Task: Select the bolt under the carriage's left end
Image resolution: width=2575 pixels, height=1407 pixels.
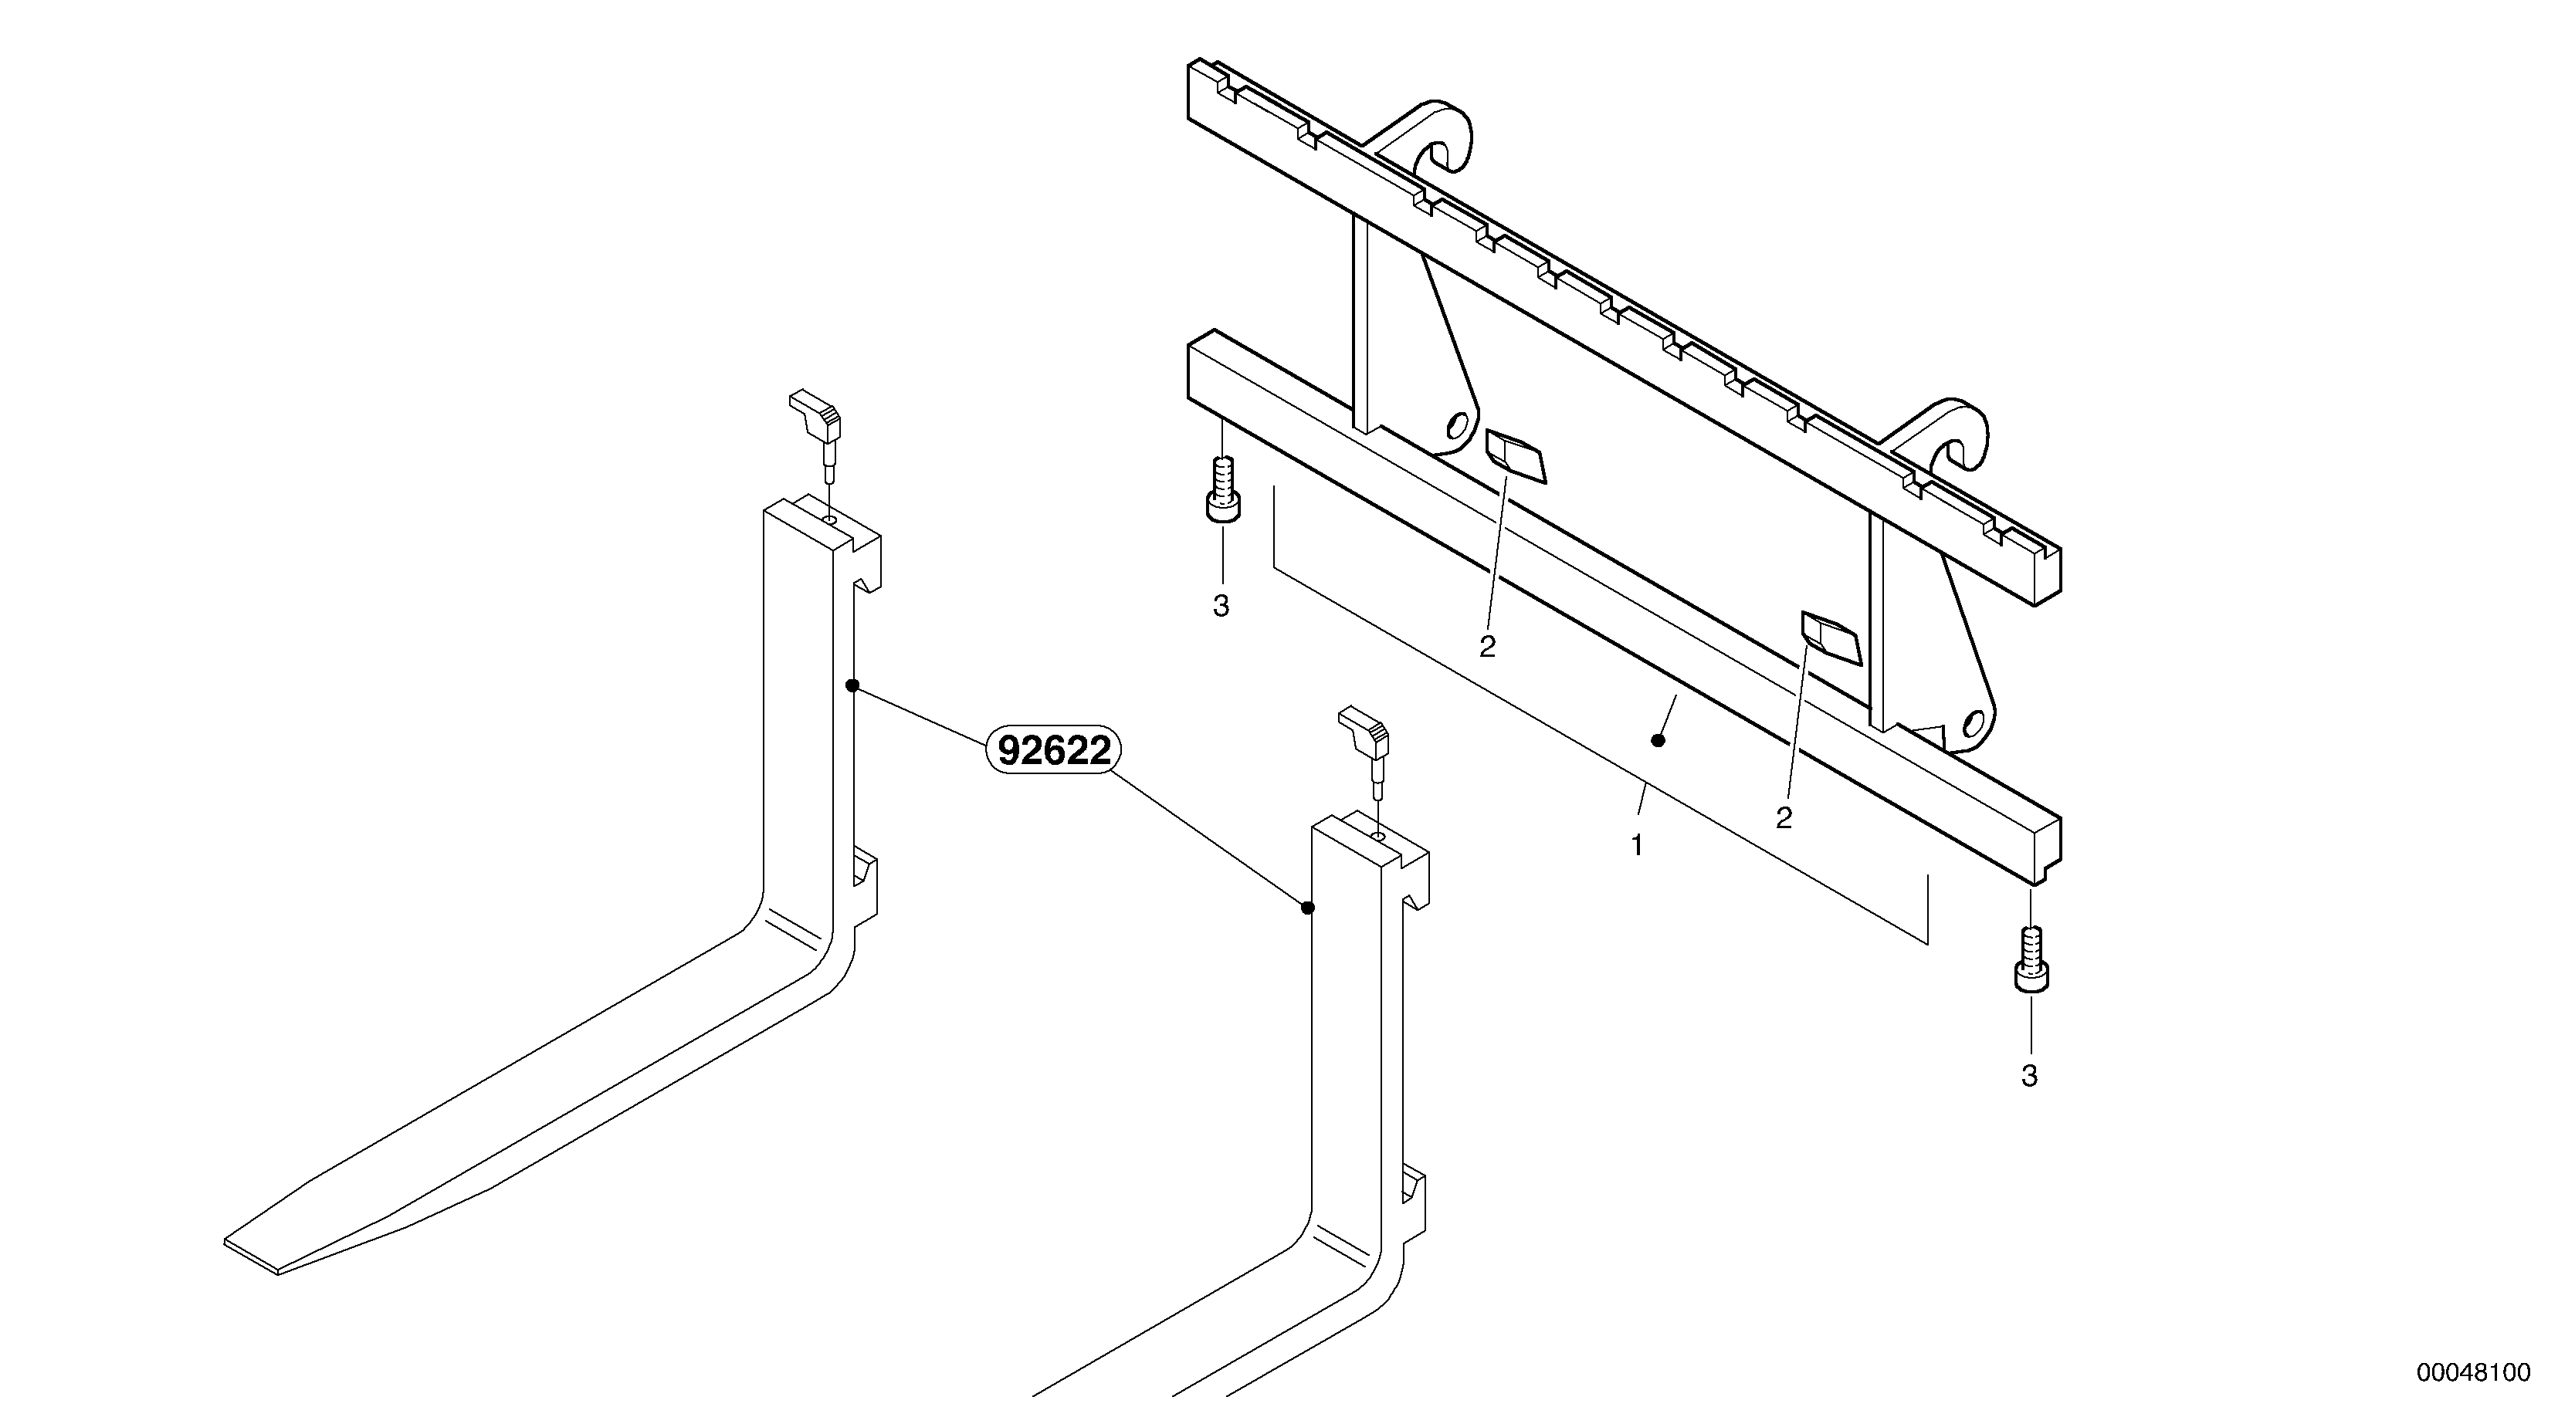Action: (1222, 489)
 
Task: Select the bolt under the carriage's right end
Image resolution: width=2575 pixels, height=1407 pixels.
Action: (2030, 959)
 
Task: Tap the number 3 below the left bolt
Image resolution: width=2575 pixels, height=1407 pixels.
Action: (1221, 606)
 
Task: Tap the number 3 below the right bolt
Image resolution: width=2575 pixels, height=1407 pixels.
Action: (2029, 1076)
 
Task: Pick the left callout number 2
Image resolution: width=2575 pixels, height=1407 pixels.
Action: (1487, 648)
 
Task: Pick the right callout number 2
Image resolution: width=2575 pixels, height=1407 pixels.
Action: (1784, 818)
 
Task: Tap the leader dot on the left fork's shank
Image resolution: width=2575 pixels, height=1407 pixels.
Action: (852, 685)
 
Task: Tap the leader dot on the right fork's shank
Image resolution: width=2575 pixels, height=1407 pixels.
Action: (1307, 908)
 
